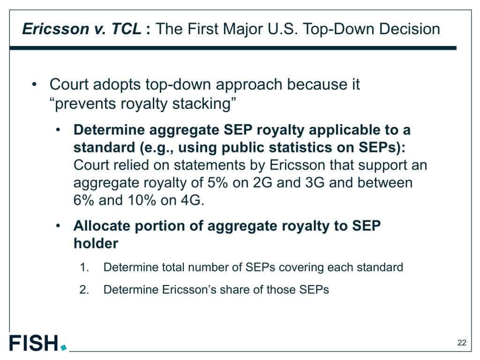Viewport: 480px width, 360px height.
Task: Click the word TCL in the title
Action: click(126, 29)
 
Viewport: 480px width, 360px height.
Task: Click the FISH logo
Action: click(37, 343)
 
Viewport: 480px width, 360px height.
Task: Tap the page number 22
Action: click(462, 343)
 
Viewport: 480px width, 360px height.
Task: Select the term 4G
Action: click(192, 200)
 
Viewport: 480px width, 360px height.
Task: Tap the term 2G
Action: click(262, 183)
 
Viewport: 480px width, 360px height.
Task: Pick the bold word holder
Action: click(96, 243)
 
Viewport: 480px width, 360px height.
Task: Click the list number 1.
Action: click(84, 267)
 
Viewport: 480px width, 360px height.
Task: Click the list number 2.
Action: click(84, 290)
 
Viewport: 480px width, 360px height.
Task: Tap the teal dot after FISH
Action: click(64, 348)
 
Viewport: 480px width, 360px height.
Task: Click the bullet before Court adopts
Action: click(34, 84)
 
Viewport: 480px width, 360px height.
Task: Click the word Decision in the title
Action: click(410, 29)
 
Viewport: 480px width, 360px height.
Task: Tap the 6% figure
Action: click(83, 200)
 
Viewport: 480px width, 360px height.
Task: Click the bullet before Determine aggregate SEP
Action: click(58, 130)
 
